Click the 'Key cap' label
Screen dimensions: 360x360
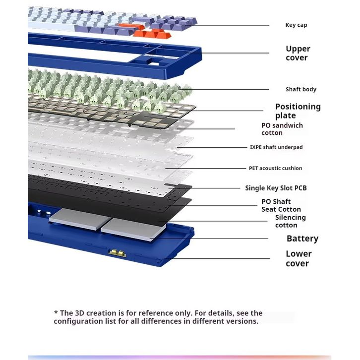click(296, 25)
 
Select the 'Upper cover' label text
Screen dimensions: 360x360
click(298, 53)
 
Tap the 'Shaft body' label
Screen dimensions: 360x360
click(300, 90)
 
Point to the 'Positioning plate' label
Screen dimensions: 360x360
click(298, 111)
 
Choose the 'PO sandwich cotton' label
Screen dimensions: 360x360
click(282, 129)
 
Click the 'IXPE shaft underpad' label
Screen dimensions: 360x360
click(276, 147)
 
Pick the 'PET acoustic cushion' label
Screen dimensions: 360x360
click(275, 168)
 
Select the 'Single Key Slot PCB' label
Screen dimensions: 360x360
click(276, 188)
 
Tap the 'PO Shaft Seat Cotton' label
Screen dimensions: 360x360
click(281, 205)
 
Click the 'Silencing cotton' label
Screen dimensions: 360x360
click(290, 221)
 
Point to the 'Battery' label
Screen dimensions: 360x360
click(302, 239)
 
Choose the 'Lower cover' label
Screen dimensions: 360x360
click(299, 258)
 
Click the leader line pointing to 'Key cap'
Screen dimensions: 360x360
click(233, 25)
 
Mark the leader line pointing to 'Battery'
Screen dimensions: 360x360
click(218, 239)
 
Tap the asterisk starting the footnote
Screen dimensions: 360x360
click(56, 312)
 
